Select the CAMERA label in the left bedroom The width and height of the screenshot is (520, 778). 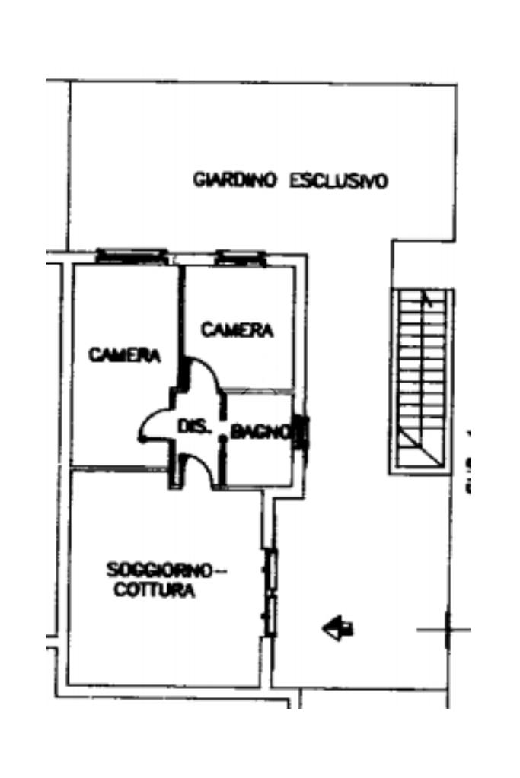124,355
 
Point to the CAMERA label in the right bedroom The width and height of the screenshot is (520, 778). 237,330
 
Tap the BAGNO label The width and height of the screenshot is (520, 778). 260,433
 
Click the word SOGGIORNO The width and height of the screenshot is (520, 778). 158,570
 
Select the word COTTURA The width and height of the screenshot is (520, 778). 154,590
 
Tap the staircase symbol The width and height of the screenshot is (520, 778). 422,380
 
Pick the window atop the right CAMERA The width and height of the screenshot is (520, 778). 241,258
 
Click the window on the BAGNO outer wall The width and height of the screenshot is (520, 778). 301,433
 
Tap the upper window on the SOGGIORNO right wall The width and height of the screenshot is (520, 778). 270,567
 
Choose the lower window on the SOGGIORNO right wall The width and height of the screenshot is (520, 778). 270,614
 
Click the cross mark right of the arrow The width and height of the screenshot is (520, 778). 446,630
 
